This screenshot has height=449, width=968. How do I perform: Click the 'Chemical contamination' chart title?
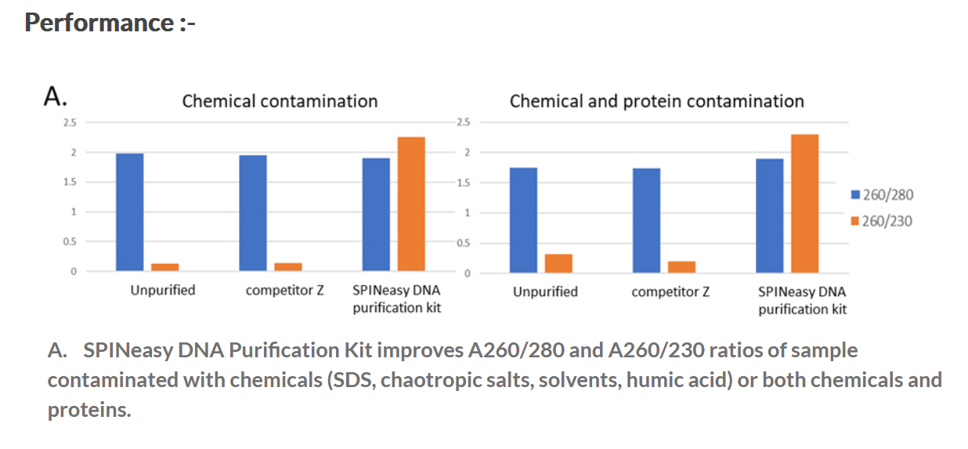280,101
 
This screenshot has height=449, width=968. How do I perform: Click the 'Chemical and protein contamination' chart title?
656,101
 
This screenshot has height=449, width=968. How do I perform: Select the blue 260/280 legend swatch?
855,195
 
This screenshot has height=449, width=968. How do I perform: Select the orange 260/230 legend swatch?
855,221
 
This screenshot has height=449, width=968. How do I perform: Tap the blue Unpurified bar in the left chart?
130,212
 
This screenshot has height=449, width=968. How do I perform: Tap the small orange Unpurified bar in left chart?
165,267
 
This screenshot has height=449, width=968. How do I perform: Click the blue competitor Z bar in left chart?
253,213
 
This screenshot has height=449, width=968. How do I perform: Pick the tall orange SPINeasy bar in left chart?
411,204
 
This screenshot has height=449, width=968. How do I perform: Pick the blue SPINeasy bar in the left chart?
376,215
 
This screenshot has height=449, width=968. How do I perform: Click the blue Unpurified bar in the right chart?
523,220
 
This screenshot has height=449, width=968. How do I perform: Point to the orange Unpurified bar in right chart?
558,263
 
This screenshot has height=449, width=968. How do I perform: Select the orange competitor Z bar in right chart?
681,266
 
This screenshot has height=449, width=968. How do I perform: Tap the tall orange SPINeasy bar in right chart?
804,203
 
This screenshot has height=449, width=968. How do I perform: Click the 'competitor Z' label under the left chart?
284,290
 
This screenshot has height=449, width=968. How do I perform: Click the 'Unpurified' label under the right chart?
545,291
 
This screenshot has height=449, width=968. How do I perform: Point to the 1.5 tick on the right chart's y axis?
463,183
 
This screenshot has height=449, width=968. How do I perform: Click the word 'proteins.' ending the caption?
89,410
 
